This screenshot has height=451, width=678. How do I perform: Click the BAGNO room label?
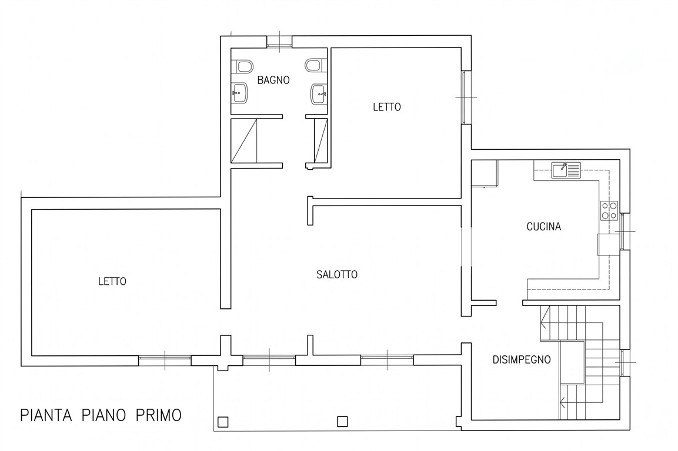coord(273,80)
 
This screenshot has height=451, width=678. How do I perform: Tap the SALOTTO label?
coord(336,274)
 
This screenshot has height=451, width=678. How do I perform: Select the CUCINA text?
coord(543,227)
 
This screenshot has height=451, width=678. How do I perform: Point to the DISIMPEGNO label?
coord(521,359)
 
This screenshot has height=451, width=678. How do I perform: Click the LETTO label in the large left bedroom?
coord(112,281)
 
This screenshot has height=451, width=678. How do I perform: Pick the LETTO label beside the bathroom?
coord(386,107)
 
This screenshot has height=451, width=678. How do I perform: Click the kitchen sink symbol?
coord(565,170)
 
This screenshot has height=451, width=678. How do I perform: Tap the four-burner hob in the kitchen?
coord(609,210)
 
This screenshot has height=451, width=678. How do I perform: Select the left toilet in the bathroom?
coord(243,66)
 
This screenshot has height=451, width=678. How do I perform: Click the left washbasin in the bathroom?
coord(240,92)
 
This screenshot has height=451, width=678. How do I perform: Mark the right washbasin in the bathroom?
coord(319,92)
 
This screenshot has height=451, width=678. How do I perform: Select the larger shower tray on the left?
coord(245,140)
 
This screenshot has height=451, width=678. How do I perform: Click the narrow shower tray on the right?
coord(321,140)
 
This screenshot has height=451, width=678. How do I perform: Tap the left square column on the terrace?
coord(223,422)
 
